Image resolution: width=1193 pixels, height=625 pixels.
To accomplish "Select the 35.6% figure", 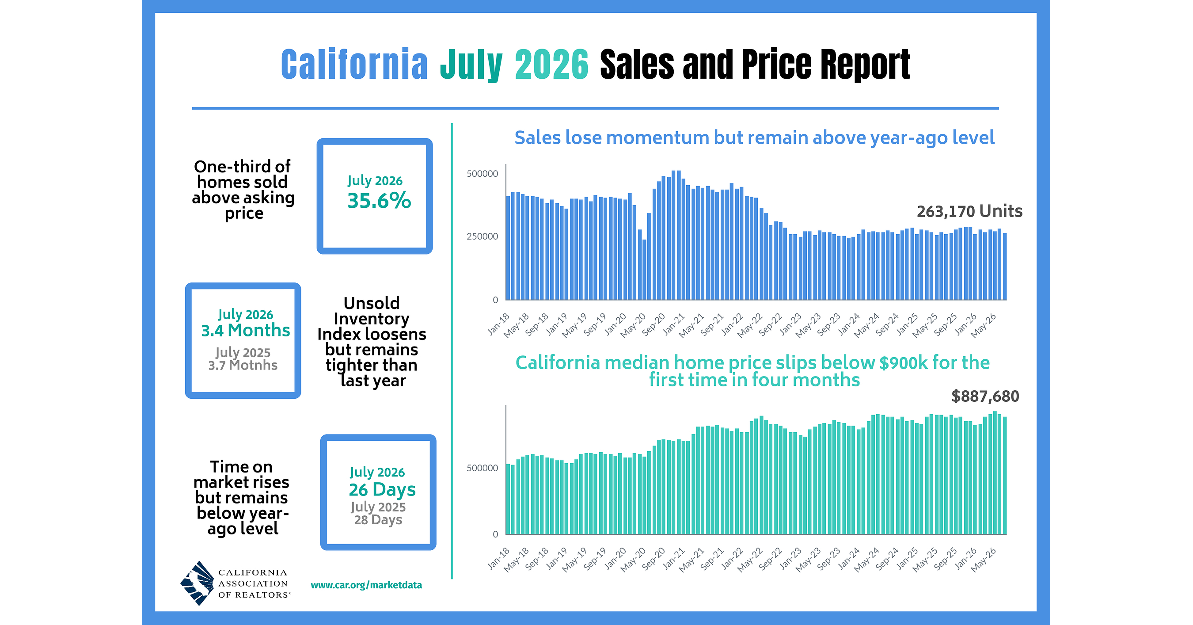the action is (x=379, y=201).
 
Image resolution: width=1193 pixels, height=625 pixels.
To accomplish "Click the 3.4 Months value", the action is (x=246, y=330).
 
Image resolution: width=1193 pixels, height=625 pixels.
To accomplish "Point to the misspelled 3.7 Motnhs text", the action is (x=243, y=365).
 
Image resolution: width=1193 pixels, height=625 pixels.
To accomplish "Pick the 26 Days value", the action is (x=382, y=490).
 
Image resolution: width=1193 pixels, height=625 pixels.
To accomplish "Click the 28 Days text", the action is (x=378, y=520).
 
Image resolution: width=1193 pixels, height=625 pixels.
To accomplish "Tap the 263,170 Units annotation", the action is (x=969, y=211).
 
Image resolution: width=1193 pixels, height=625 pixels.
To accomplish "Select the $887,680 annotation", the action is (x=985, y=396).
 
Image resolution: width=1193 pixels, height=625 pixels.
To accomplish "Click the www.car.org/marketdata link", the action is (x=366, y=585).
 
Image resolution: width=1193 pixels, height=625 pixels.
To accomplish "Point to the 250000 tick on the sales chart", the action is (x=482, y=236).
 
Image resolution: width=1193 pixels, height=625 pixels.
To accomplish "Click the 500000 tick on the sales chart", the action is (x=482, y=174).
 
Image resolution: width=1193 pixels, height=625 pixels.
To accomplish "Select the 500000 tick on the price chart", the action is (x=482, y=468).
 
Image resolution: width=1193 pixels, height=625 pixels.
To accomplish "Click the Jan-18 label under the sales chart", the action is (x=499, y=324).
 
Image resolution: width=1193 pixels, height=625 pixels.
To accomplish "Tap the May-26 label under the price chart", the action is (x=984, y=560).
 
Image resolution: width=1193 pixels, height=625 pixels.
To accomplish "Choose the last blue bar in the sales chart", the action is (x=1004, y=267).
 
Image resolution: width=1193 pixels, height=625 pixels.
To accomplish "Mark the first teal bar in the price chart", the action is (x=508, y=499).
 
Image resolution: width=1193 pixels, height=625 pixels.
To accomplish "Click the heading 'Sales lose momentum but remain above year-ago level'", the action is (x=754, y=138).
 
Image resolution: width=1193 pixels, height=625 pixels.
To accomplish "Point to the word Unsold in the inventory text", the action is (x=372, y=303).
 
